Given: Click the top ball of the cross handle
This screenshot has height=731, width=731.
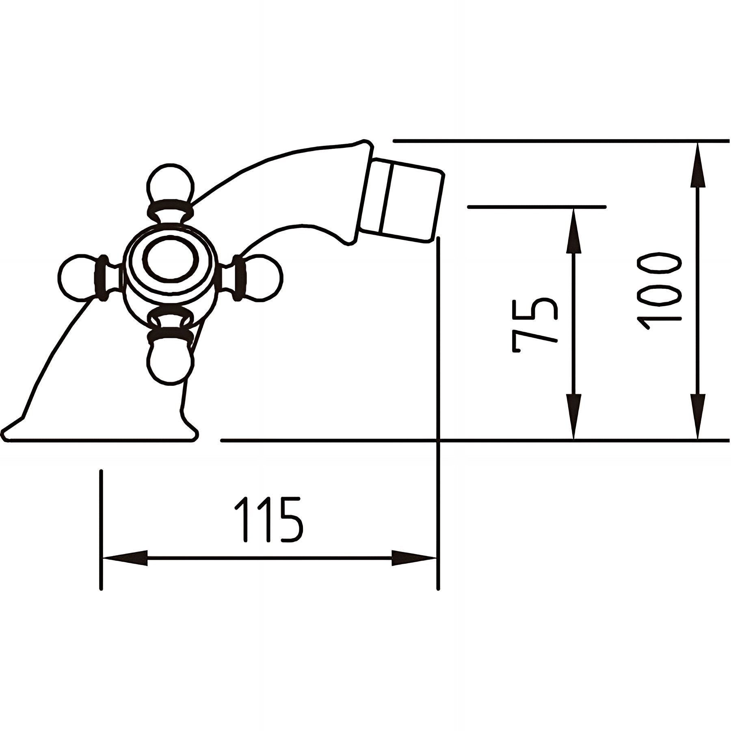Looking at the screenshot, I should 170,183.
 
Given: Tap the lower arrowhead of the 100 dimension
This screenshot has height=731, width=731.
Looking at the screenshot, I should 698,414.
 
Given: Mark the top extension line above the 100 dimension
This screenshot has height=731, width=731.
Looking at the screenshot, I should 560,141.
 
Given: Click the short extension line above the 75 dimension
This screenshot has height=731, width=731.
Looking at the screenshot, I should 536,207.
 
